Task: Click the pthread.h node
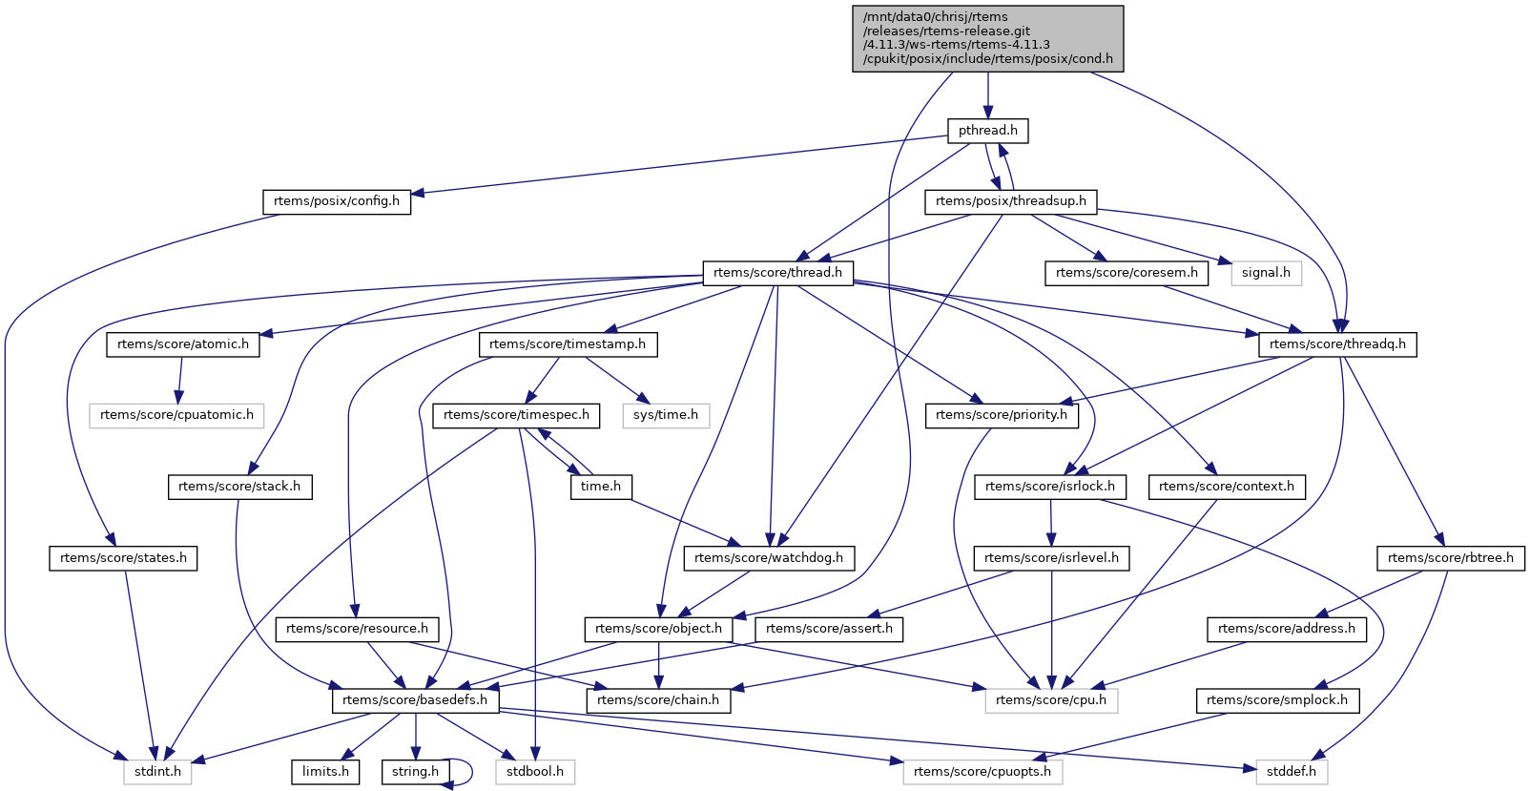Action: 987,130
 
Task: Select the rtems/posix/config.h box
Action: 337,201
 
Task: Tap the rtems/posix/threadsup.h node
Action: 1011,201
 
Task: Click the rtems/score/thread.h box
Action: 777,273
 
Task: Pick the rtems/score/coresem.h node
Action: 1127,273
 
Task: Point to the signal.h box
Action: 1266,273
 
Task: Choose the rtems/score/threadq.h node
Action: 1337,344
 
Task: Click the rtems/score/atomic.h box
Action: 183,344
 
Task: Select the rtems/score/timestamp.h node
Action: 568,344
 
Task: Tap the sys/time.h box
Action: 666,415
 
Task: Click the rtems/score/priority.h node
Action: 1002,415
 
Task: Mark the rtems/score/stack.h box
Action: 239,487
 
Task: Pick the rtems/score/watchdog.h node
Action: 769,558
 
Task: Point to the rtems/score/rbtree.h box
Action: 1450,558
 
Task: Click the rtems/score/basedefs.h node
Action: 415,700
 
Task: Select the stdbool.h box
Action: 535,771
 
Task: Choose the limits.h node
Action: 325,771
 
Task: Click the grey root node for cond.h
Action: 987,38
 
